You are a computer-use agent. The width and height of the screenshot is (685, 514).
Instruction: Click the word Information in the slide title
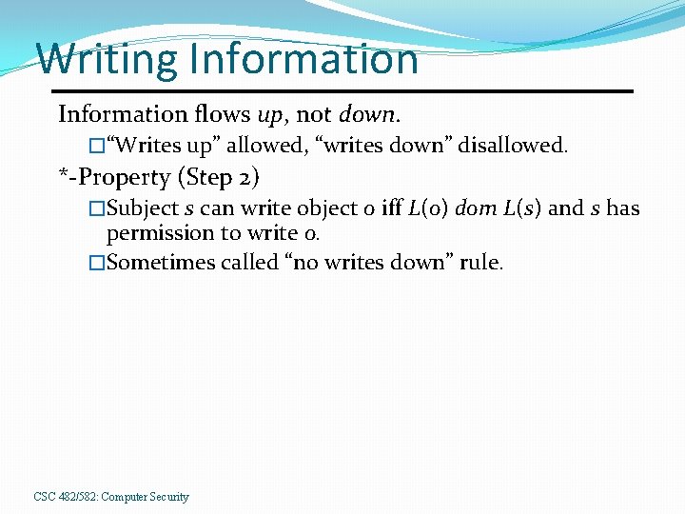coord(303,59)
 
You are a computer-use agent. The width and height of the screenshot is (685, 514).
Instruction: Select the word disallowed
coord(513,146)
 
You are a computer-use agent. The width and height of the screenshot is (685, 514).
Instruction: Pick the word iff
coord(391,208)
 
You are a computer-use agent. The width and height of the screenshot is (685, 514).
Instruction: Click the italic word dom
coord(476,208)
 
